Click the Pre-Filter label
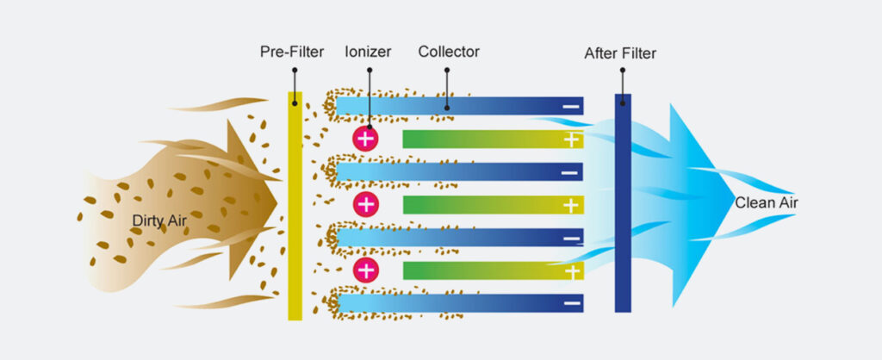pos(292,52)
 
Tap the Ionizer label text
pos(367,52)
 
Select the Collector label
pos(449,52)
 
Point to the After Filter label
pos(620,53)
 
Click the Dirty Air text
pos(159,221)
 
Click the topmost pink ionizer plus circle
pos(366,138)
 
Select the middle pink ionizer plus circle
pos(366,204)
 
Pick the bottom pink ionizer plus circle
pos(366,270)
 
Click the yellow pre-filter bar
pos(295,207)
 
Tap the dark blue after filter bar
pos(623,203)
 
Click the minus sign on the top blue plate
pos(570,107)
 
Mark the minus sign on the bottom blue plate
pos(570,303)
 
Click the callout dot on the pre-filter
pos(295,103)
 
